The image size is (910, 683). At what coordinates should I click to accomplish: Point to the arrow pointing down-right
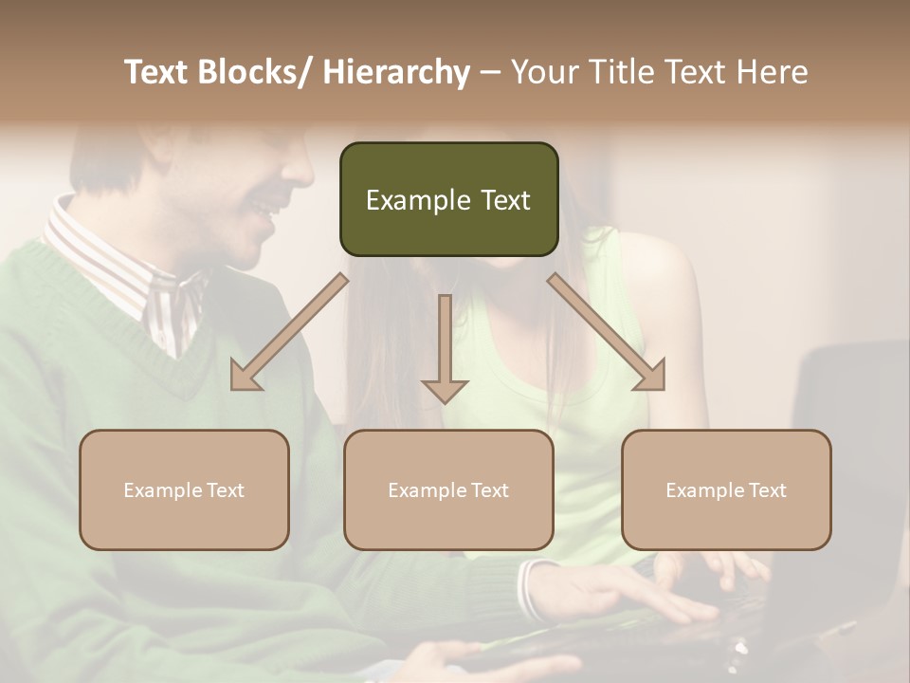point(607,332)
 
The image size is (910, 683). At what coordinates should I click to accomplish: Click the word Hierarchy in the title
point(396,72)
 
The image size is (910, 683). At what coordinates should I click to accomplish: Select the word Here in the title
point(773,72)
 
